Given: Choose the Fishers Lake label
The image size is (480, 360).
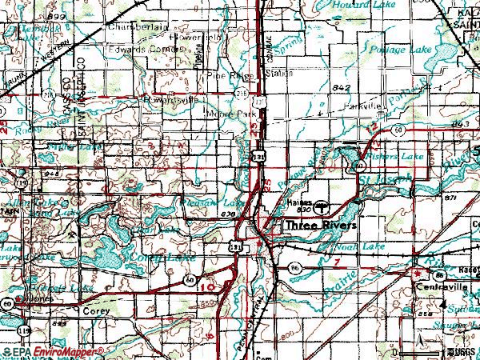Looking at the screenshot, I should [401, 157].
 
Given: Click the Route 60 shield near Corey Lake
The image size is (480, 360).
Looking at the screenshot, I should [190, 279].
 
